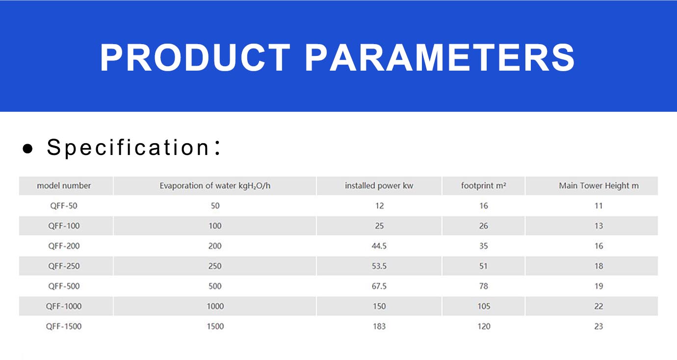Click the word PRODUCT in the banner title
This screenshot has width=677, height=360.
[x=195, y=57]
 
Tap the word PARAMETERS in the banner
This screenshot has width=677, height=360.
[x=440, y=57]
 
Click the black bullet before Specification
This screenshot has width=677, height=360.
[x=28, y=149]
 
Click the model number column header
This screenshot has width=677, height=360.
[x=64, y=185]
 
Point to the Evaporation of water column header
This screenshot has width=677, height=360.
[x=215, y=185]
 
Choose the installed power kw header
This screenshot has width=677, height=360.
[x=379, y=185]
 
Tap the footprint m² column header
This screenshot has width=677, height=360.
[x=483, y=185]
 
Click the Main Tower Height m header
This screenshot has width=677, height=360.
[x=599, y=185]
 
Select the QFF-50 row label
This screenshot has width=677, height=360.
[x=64, y=206]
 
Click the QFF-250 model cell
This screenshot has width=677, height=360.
[x=64, y=266]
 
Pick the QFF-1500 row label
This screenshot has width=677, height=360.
[x=64, y=327]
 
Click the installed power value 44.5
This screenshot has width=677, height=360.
[x=379, y=246]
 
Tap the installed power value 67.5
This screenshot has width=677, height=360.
[x=379, y=286]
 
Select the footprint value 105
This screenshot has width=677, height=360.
[x=484, y=306]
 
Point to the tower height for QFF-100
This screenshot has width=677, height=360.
[x=599, y=226]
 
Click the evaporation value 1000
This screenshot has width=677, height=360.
[x=215, y=306]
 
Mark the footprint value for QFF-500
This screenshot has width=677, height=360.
[x=484, y=286]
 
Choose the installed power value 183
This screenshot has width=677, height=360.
[x=379, y=327]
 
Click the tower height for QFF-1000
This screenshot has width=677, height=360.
[x=599, y=306]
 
